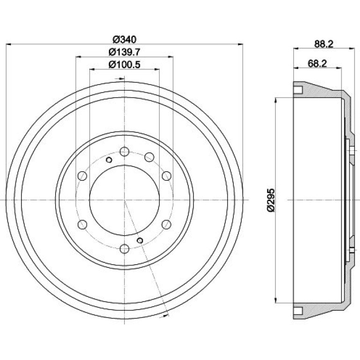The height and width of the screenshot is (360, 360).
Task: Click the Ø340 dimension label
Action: (124, 39)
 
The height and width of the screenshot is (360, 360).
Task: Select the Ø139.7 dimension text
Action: (124, 52)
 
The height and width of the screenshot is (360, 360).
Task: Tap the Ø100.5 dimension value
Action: (124, 65)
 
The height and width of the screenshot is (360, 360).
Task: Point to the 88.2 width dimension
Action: (324, 44)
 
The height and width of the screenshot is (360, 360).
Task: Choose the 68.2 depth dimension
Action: (317, 64)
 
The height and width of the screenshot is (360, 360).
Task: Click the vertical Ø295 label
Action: (271, 200)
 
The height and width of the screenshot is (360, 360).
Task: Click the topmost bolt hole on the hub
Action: (124, 151)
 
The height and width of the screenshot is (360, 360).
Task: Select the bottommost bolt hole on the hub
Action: (124, 249)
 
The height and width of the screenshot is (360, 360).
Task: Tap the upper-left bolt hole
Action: (82, 176)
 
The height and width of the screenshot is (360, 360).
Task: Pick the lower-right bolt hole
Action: (166, 224)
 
